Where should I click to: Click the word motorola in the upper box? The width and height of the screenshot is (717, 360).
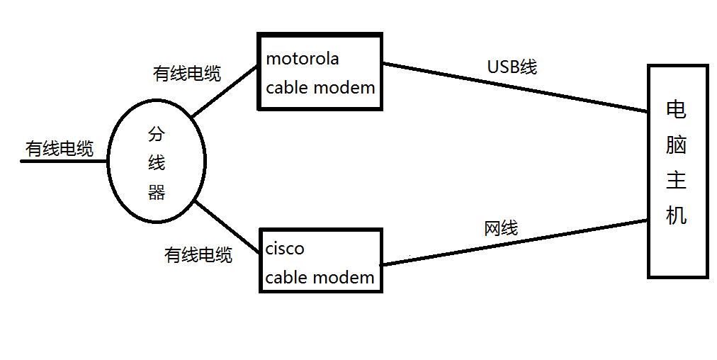click(x=303, y=59)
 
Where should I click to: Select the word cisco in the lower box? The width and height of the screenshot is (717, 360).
click(x=285, y=249)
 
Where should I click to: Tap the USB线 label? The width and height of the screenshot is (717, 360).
click(x=512, y=67)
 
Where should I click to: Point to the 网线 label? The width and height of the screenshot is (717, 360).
click(x=501, y=228)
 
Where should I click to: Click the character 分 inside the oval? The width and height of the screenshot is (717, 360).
click(x=157, y=135)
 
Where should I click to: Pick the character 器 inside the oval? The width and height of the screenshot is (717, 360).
click(x=157, y=192)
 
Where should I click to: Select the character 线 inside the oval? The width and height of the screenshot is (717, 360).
click(x=157, y=163)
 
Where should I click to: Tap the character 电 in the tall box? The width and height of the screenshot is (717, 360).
click(x=677, y=110)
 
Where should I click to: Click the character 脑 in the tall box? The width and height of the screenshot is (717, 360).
click(x=677, y=145)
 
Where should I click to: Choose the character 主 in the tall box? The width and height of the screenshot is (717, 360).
click(x=677, y=180)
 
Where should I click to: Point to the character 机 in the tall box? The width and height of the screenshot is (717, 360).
click(x=677, y=215)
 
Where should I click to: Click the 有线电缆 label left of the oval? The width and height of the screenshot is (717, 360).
click(x=60, y=149)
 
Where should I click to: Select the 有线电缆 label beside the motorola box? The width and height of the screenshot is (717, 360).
click(x=187, y=73)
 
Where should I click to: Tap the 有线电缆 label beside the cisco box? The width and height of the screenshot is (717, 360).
click(x=198, y=254)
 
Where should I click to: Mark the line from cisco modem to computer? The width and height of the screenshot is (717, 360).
click(x=516, y=242)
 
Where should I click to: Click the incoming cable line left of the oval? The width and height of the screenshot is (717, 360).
click(x=64, y=162)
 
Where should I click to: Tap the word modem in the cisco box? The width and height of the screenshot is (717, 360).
click(x=345, y=278)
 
